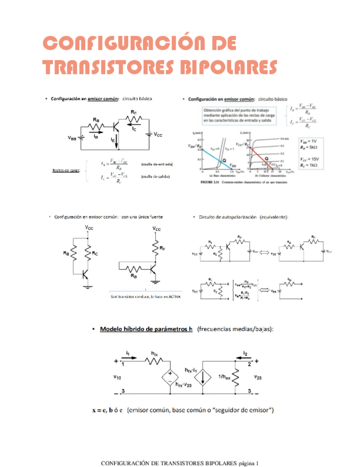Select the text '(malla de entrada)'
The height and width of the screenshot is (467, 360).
[x=157, y=164]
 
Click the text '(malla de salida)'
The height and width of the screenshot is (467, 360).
[x=156, y=177]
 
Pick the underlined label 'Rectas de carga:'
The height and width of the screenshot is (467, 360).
[x=66, y=170]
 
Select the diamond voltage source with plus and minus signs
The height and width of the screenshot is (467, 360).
[x=170, y=378]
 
